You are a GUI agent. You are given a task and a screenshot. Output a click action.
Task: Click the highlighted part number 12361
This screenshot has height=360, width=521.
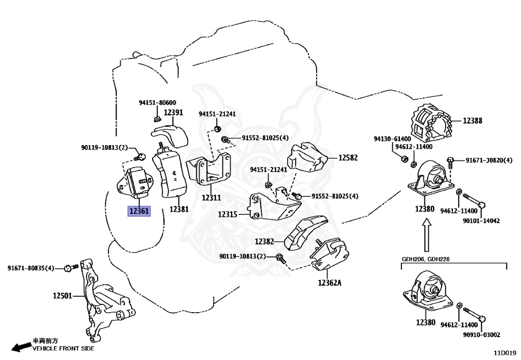(x=139, y=211)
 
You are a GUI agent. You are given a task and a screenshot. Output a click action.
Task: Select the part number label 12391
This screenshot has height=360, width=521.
(x=173, y=113)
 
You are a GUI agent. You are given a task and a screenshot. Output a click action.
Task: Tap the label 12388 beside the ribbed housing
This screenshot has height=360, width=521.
(x=473, y=121)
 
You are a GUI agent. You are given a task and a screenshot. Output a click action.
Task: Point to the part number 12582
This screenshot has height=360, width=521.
(x=348, y=157)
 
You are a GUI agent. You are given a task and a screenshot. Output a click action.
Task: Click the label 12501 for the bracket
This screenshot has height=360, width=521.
(x=63, y=295)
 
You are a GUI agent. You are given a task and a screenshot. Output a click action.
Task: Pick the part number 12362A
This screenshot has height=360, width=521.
(x=330, y=283)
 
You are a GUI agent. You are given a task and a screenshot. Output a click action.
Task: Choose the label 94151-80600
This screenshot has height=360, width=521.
(x=158, y=102)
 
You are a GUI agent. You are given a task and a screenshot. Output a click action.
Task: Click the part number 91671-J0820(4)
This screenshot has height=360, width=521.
(x=489, y=160)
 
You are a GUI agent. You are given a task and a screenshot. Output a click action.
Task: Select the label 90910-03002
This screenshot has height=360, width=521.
(x=481, y=335)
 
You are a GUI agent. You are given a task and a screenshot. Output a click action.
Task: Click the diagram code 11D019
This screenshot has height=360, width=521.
(x=505, y=353)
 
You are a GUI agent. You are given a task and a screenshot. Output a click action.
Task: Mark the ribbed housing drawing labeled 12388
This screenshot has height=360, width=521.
(x=431, y=123)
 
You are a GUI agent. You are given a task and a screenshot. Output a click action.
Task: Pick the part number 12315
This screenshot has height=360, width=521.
(x=227, y=214)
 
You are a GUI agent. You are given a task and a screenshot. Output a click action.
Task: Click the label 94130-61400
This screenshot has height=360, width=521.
(x=392, y=139)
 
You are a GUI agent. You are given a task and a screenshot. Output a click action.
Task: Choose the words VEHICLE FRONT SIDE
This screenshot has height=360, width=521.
(x=64, y=348)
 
